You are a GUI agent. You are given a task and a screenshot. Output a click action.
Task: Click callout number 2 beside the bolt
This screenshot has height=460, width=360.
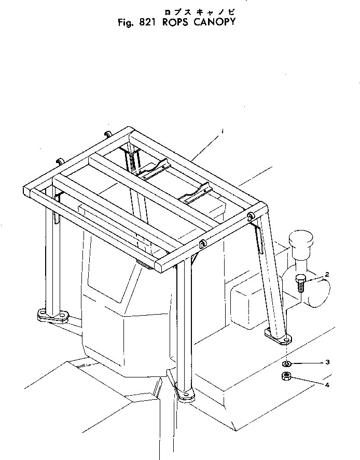pyautogui.click(x=327, y=274)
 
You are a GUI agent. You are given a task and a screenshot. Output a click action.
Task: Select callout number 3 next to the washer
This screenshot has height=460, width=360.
pyautogui.click(x=327, y=361)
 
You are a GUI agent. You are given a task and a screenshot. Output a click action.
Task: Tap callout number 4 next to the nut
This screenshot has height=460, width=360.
pyautogui.click(x=327, y=385)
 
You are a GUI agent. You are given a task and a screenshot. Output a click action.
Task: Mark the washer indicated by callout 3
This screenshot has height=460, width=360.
pyautogui.click(x=287, y=363)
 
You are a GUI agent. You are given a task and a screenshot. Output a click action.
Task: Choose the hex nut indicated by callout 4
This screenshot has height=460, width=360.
pyautogui.click(x=285, y=376)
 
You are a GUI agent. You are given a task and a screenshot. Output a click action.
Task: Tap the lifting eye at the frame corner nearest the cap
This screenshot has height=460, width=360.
pyautogui.click(x=251, y=215)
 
